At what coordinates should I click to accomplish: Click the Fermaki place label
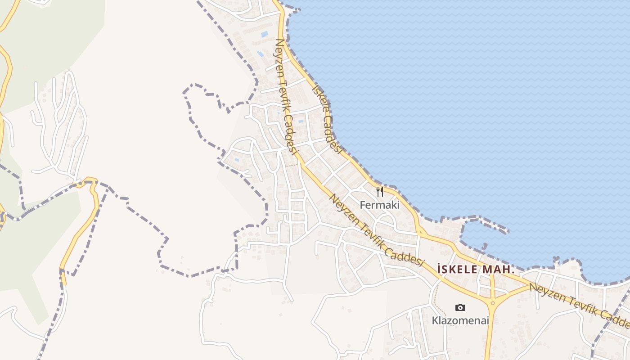click(379, 205)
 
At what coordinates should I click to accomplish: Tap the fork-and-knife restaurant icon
click(380, 192)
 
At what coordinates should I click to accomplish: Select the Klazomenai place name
click(460, 321)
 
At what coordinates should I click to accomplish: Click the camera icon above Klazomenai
click(460, 307)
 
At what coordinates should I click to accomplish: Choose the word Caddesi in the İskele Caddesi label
click(333, 133)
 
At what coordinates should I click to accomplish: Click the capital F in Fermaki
click(362, 205)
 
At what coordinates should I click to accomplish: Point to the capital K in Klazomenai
click(435, 321)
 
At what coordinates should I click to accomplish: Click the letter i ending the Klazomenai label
click(487, 321)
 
